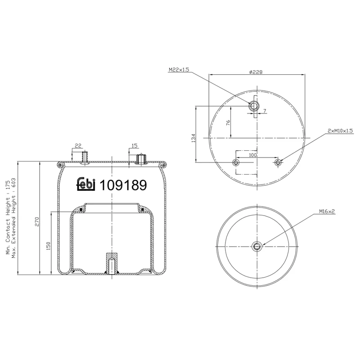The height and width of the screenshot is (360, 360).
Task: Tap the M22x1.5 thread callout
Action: [179, 70]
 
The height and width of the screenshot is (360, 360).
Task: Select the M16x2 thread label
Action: [327, 211]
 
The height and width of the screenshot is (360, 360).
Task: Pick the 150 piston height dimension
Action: [48, 246]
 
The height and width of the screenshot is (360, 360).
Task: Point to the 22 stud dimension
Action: [78, 146]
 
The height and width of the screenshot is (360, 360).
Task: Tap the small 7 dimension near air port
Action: [265, 111]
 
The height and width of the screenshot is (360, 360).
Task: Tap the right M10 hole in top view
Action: [279, 162]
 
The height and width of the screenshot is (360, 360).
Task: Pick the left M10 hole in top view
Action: [234, 162]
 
